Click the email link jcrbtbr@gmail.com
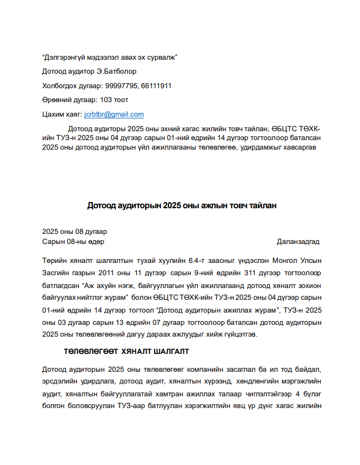pyautogui.click(x=114, y=114)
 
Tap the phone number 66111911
pyautogui.click(x=156, y=86)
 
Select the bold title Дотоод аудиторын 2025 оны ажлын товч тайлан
pyautogui.click(x=181, y=205)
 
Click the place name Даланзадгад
pyautogui.click(x=298, y=241)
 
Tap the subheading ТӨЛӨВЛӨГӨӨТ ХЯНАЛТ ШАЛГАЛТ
pyautogui.click(x=126, y=352)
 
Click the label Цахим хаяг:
pyautogui.click(x=62, y=114)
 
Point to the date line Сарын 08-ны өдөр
pyautogui.click(x=73, y=241)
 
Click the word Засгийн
pyautogui.click(x=57, y=273)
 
